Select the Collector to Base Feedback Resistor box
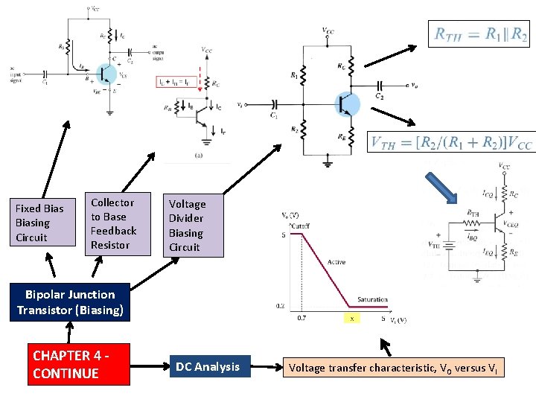coord(112,223)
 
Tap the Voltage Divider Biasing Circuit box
coord(193,225)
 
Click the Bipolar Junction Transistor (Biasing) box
coord(70,302)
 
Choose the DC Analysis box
coord(207,366)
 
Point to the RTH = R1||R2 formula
coord(481,33)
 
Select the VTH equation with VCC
coord(451,141)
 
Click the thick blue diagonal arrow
coord(440,188)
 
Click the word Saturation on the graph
coord(371,299)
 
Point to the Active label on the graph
coord(336,262)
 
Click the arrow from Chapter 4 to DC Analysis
coord(147,366)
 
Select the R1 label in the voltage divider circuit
coord(293,74)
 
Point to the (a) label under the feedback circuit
coord(198,155)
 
